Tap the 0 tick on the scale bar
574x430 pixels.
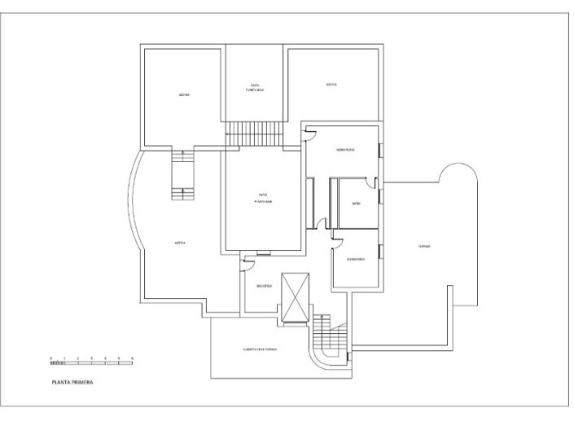[50, 358]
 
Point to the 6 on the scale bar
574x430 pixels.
[132, 358]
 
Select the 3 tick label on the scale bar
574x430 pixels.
[91, 358]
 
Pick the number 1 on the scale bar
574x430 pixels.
[64, 358]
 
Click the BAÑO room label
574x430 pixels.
[356, 203]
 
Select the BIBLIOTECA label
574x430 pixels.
[263, 286]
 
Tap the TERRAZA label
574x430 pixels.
[423, 245]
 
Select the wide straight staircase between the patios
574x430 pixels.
[253, 133]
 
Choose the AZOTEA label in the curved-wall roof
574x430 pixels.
[177, 243]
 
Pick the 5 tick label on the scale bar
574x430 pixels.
[118, 358]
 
